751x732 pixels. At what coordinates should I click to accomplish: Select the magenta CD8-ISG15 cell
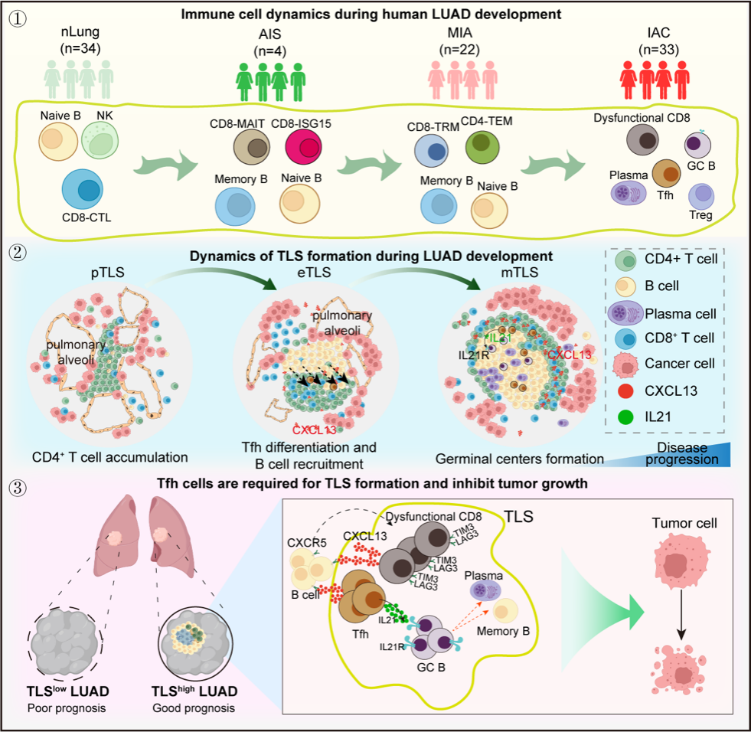pyautogui.click(x=286, y=147)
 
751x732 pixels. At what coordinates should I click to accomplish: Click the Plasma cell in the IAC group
pyautogui.click(x=629, y=191)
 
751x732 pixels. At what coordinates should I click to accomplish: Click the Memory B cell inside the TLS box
pyautogui.click(x=505, y=611)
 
